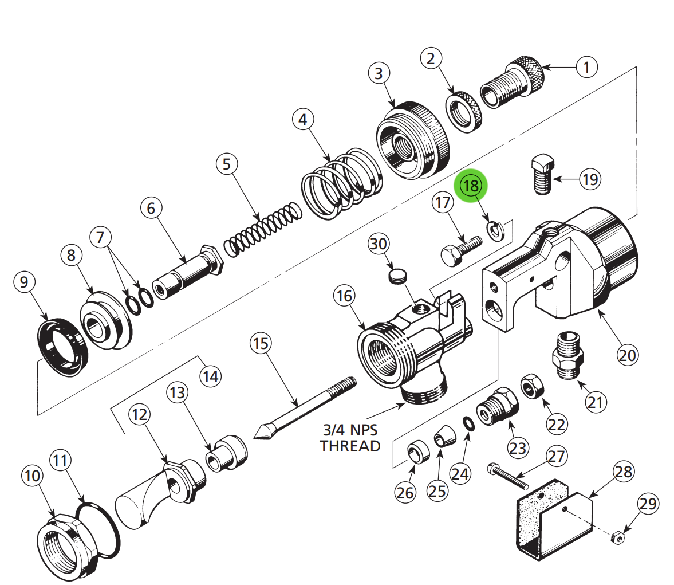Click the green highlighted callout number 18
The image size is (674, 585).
point(470,186)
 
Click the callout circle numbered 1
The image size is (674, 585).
point(586,67)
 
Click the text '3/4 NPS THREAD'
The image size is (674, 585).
point(350,438)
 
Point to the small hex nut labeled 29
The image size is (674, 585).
point(617,537)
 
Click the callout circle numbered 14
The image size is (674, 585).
point(210,376)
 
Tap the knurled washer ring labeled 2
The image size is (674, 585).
point(464,112)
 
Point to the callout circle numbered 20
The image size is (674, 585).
point(627,355)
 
